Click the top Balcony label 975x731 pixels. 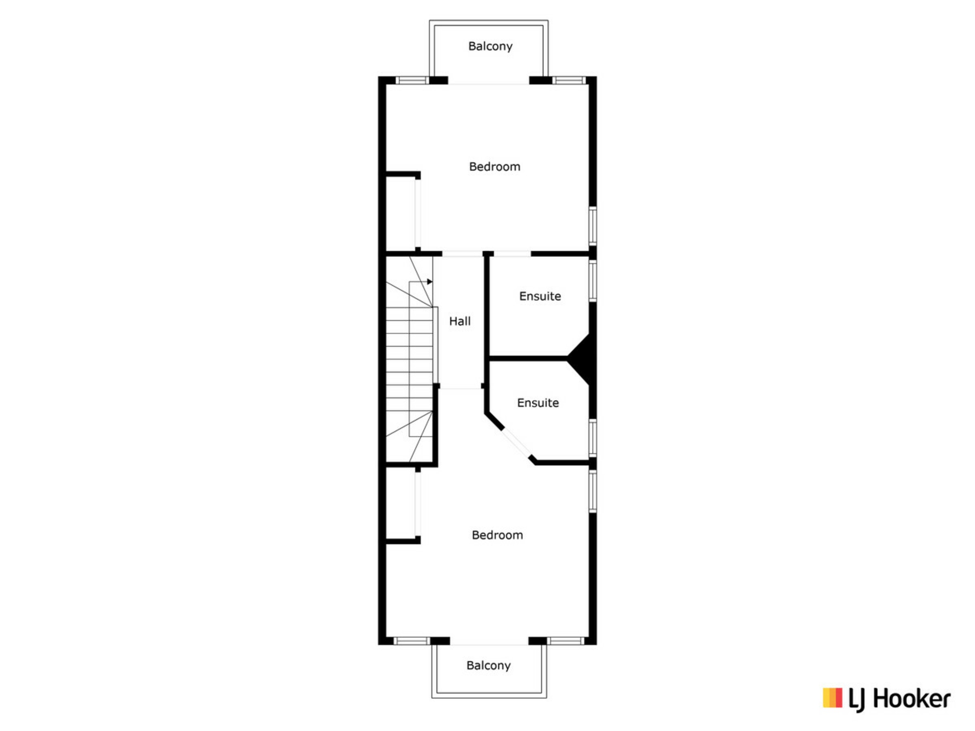pyautogui.click(x=490, y=46)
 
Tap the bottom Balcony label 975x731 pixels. pyautogui.click(x=489, y=665)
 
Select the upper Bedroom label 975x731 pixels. pyautogui.click(x=495, y=167)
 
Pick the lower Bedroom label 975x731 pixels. pyautogui.click(x=497, y=535)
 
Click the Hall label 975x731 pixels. pyautogui.click(x=460, y=321)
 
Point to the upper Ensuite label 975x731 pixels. pyautogui.click(x=540, y=296)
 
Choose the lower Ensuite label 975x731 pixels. pyautogui.click(x=538, y=403)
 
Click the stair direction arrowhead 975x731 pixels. pyautogui.click(x=430, y=282)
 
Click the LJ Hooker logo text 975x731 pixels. pyautogui.click(x=899, y=699)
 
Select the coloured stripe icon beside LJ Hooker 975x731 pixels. pyautogui.click(x=832, y=697)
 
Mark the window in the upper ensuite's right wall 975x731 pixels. pyautogui.click(x=592, y=280)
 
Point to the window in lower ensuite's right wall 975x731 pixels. pyautogui.click(x=592, y=438)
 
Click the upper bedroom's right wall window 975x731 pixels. pyautogui.click(x=592, y=225)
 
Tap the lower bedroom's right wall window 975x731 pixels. pyautogui.click(x=592, y=491)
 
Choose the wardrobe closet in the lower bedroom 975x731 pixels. pyautogui.click(x=401, y=504)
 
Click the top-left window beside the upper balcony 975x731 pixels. pyautogui.click(x=412, y=80)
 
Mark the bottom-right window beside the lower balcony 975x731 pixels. pyautogui.click(x=566, y=641)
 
